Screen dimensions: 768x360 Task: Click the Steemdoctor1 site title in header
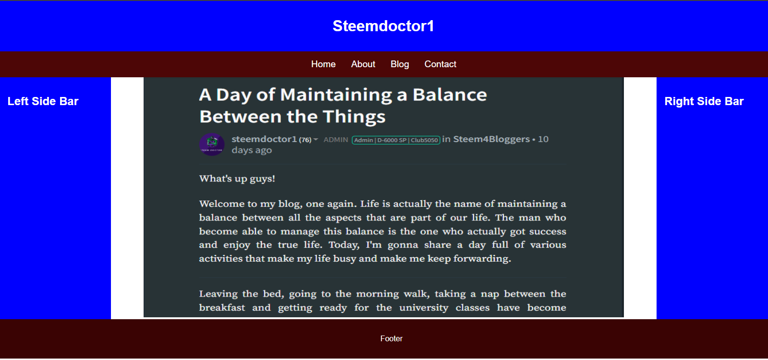click(x=383, y=26)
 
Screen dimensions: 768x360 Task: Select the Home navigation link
click(x=323, y=64)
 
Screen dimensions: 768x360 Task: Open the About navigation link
click(x=363, y=64)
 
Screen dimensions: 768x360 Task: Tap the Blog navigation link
click(x=400, y=64)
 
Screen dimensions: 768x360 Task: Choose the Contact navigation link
click(x=440, y=64)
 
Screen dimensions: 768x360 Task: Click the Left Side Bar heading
click(x=43, y=101)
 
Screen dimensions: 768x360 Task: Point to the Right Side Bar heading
click(x=704, y=101)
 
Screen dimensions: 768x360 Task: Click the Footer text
click(x=391, y=338)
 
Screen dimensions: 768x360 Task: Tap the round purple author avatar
click(x=212, y=144)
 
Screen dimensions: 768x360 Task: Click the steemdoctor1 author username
click(x=264, y=139)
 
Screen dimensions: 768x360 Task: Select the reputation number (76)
click(x=305, y=140)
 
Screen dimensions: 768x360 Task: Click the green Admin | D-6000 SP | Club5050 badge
click(x=396, y=140)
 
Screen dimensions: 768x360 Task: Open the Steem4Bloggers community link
click(x=491, y=139)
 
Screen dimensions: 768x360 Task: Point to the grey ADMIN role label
click(x=336, y=140)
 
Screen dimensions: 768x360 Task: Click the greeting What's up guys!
click(x=237, y=179)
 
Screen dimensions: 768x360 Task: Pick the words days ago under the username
click(x=252, y=150)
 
